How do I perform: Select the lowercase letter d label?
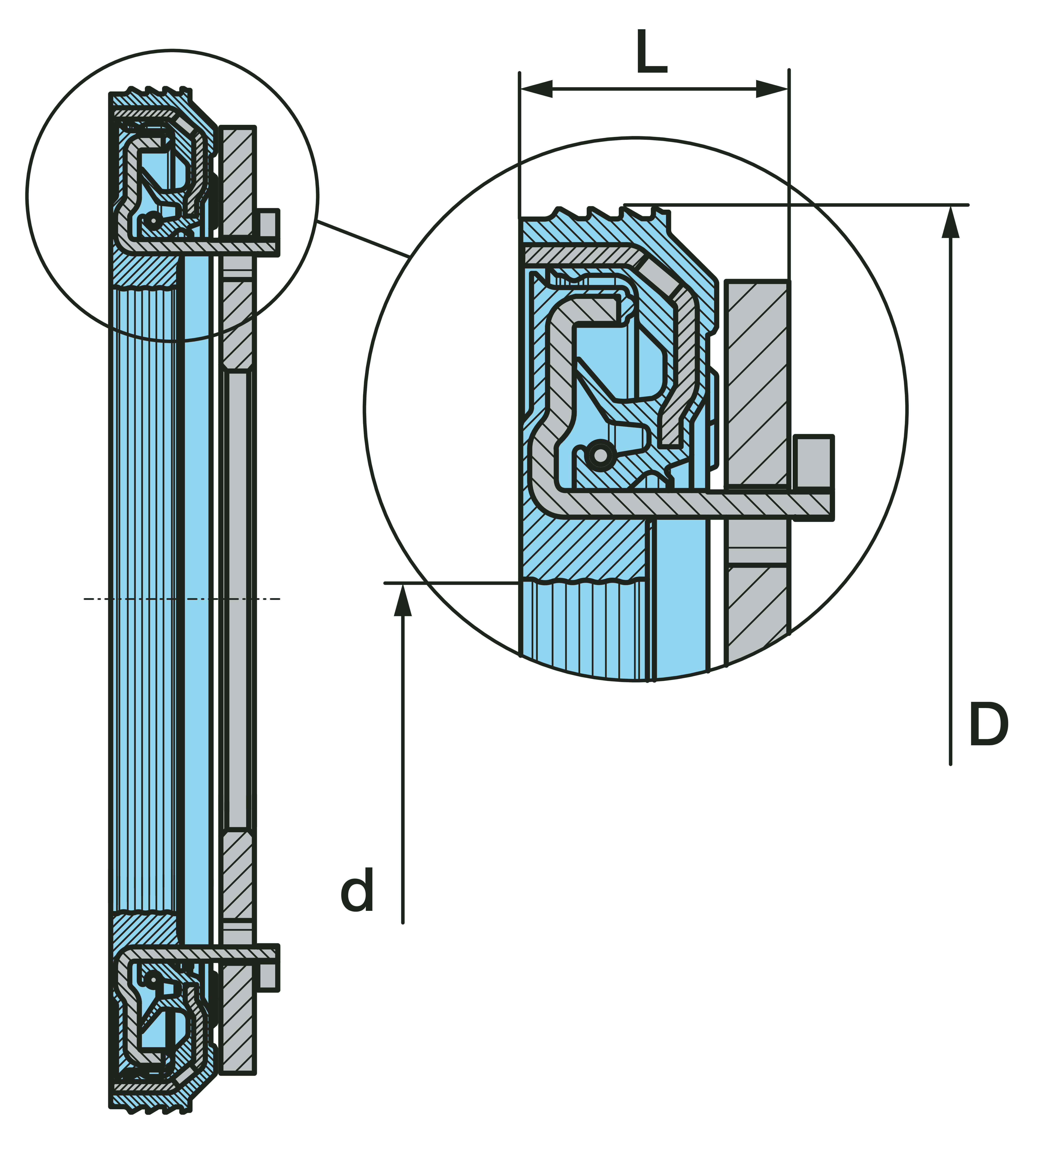click(x=358, y=890)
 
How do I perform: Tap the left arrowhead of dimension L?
click(x=536, y=89)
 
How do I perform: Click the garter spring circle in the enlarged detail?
click(x=600, y=455)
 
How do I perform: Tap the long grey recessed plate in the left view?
click(x=237, y=599)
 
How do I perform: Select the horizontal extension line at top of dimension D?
click(x=798, y=204)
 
